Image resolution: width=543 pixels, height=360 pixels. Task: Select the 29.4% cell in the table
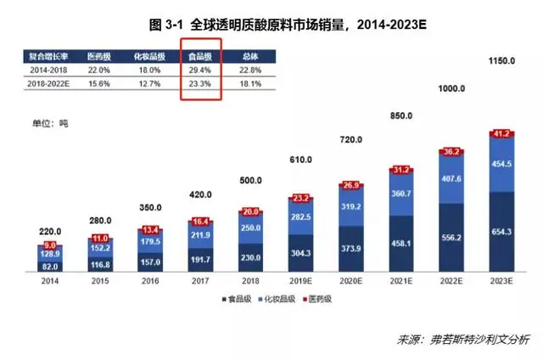[201, 70]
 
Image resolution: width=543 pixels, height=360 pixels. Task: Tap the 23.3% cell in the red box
[201, 85]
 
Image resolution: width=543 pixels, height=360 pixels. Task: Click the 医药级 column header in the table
[99, 56]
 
